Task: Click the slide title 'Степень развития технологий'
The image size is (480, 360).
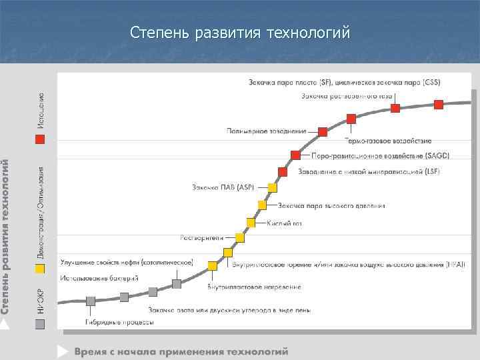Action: coord(239,32)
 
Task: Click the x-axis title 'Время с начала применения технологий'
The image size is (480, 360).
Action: coord(181,351)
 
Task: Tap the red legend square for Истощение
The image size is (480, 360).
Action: coord(40,139)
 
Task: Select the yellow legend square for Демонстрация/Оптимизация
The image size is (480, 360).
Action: coord(40,269)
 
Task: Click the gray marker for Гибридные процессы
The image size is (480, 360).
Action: coord(91,301)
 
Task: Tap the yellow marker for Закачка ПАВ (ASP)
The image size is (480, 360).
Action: coord(272,188)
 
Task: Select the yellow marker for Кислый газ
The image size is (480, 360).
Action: coord(251,223)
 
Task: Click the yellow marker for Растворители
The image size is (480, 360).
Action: coord(240,237)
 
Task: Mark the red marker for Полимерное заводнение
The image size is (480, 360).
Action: coord(323,131)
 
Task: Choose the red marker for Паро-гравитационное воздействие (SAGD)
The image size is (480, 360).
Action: coord(295,155)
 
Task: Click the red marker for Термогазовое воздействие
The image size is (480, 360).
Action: coord(351,119)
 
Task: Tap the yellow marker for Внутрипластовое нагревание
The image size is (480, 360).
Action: coord(213,266)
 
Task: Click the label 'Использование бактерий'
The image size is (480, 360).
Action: coord(99,277)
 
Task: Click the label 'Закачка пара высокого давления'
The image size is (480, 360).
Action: coord(331,205)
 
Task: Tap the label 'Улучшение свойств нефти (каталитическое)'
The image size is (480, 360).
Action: coord(127,262)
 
